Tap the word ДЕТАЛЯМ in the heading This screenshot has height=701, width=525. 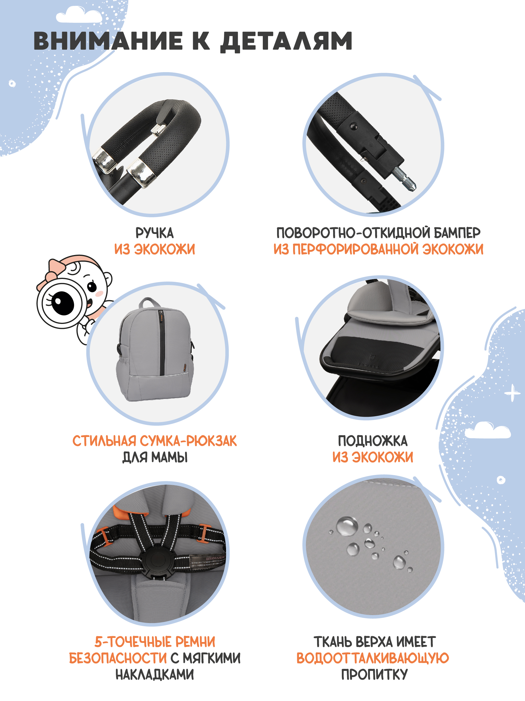click(286, 41)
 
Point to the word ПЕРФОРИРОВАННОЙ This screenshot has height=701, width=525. click(356, 249)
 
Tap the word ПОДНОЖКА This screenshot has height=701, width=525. click(373, 441)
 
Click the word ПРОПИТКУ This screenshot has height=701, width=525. click(374, 674)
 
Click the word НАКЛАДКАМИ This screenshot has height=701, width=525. click(155, 674)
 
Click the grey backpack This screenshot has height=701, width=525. click(155, 350)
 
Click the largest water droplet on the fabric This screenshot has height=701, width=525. click(347, 526)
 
